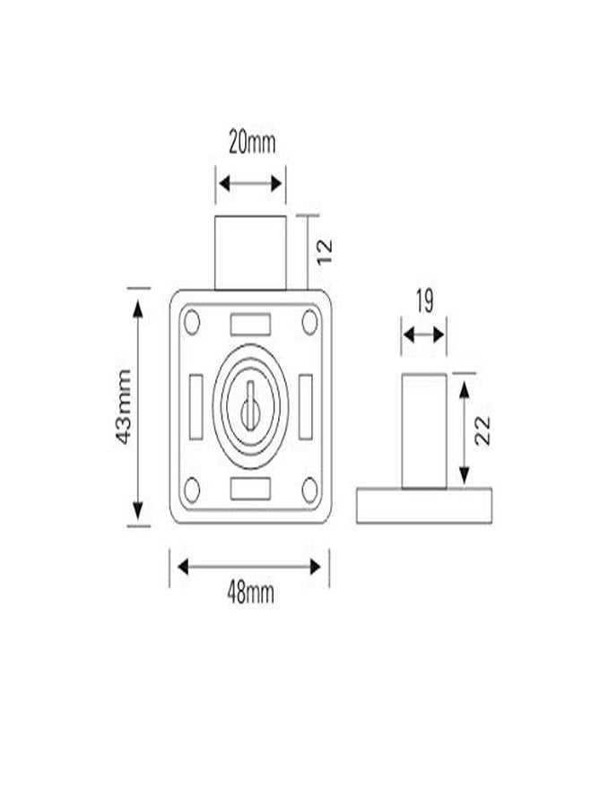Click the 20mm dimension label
coord(252,143)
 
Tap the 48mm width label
coord(250,594)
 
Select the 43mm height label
coord(124,406)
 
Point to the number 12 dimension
coord(325,252)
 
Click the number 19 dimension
coord(424,301)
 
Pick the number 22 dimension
coord(483,430)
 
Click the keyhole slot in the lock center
coord(250,406)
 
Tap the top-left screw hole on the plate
coord(192,322)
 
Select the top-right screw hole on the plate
coord(309,322)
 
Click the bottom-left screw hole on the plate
coord(192,490)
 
